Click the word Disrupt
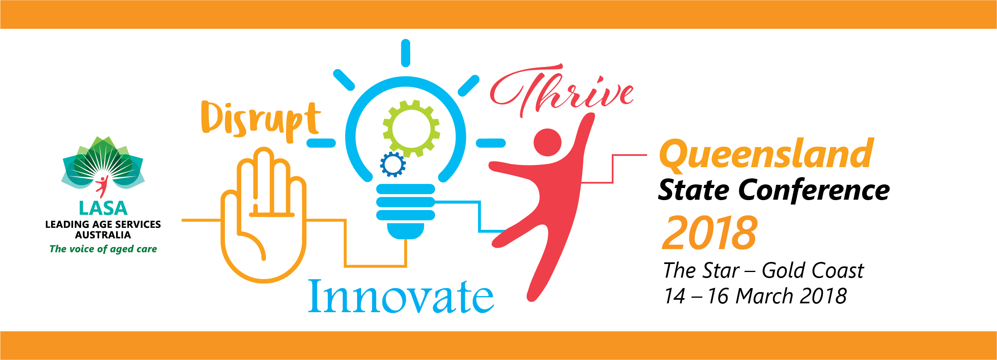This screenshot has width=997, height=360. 261,121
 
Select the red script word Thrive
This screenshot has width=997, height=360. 562,90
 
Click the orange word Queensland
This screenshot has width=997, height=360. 766,155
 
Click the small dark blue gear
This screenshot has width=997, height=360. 393,164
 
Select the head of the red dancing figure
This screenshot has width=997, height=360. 547,142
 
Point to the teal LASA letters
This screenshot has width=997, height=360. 103,209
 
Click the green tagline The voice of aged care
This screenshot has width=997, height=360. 103,249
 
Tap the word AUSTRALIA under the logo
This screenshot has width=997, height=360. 103,235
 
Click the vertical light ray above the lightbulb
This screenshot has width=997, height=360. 406,53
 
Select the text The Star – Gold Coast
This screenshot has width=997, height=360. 763,270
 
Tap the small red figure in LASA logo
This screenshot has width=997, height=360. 102,186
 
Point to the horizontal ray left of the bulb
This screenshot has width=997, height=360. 321,143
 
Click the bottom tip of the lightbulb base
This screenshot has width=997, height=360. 406,239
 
